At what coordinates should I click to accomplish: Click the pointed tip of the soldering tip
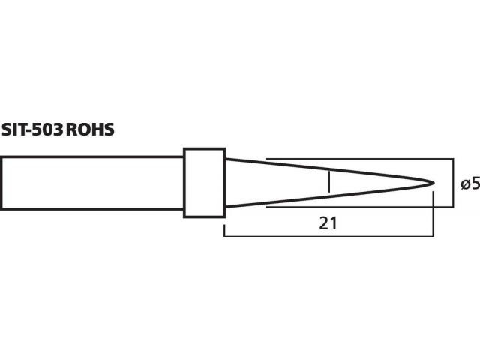pyautogui.click(x=433, y=183)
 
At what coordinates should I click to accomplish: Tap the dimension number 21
pyautogui.click(x=328, y=223)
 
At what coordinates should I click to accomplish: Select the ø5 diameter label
pyautogui.click(x=470, y=184)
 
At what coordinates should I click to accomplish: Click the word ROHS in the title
pyautogui.click(x=90, y=130)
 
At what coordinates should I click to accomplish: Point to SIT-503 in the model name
pyautogui.click(x=32, y=130)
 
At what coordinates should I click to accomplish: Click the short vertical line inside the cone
pyautogui.click(x=328, y=181)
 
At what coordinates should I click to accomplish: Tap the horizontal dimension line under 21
pyautogui.click(x=328, y=236)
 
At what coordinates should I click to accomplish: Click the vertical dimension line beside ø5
pyautogui.click(x=453, y=183)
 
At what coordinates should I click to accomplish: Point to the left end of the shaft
pyautogui.click(x=1, y=183)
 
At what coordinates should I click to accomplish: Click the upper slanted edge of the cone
pyautogui.click(x=328, y=170)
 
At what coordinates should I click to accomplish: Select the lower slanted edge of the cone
pyautogui.click(x=328, y=196)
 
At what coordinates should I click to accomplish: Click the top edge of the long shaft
pyautogui.click(x=92, y=157)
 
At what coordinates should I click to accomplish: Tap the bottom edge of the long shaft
pyautogui.click(x=92, y=209)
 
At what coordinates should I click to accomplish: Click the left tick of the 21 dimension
pyautogui.click(x=225, y=230)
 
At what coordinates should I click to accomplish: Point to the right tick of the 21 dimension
pyautogui.click(x=433, y=214)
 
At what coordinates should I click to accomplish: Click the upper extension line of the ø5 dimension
pyautogui.click(x=360, y=159)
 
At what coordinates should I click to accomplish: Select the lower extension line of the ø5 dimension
pyautogui.click(x=360, y=207)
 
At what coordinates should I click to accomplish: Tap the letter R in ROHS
pyautogui.click(x=72, y=130)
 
